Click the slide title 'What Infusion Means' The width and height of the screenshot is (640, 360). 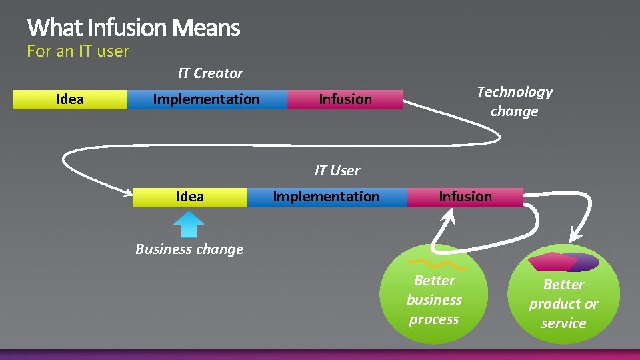point(133,28)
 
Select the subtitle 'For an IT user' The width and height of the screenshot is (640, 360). point(78,51)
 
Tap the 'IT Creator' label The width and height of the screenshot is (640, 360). point(210,73)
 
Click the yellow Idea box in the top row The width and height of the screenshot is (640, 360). point(70,99)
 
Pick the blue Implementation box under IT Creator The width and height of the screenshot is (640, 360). point(206,99)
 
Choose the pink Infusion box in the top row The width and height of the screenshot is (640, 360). point(345,99)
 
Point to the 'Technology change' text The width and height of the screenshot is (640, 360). point(515,101)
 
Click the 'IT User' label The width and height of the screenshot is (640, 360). point(337,171)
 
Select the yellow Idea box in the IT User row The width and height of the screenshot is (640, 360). point(189,197)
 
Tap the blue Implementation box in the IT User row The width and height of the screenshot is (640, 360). point(326,197)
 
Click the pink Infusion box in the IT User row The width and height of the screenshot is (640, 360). point(465,197)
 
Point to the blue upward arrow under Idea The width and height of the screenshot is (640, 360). point(189,224)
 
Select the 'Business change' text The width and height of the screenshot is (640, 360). point(189,249)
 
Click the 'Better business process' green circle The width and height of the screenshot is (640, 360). point(434,297)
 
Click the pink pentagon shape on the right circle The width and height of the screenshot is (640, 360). point(552,261)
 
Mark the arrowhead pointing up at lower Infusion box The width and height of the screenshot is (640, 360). point(451,215)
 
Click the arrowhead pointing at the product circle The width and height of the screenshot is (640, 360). point(575,237)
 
